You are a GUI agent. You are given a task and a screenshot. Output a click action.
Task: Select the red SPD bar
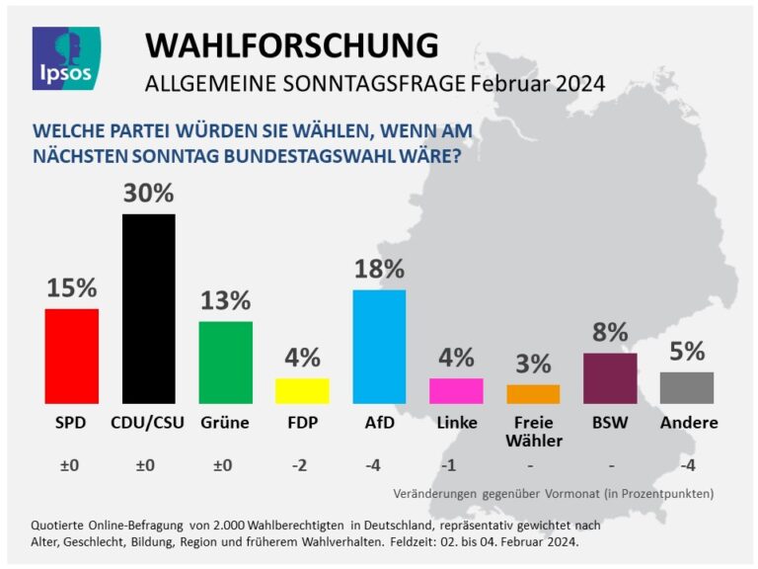[72, 356]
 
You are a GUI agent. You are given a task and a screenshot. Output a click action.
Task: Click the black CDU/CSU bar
[148, 308]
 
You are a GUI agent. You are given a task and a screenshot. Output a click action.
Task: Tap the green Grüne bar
[225, 362]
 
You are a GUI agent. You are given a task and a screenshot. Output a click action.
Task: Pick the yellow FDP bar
[302, 390]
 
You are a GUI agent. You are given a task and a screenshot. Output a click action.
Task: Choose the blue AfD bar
[379, 346]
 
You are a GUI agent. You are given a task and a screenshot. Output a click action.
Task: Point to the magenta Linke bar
[456, 390]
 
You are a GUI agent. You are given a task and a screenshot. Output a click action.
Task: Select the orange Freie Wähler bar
[533, 393]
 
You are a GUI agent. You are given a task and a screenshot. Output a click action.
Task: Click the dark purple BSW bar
[610, 377]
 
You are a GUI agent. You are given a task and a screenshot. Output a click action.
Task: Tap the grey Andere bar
[686, 387]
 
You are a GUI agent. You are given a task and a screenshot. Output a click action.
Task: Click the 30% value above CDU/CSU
[148, 194]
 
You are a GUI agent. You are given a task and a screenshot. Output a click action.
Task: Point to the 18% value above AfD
[379, 269]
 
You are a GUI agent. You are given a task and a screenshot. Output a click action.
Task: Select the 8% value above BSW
[610, 333]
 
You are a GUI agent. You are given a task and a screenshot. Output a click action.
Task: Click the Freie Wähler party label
[533, 432]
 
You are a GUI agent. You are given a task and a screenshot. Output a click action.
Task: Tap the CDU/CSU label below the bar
[148, 423]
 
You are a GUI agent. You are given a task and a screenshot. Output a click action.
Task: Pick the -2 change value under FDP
[302, 465]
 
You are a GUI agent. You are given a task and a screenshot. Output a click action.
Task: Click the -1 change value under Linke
[456, 465]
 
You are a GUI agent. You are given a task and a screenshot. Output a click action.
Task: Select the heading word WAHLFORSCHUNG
[291, 44]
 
